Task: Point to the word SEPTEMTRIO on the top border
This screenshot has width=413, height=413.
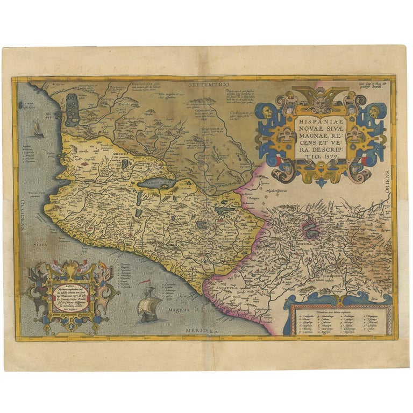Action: tap(206, 85)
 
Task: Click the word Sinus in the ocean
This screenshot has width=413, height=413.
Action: tap(37, 244)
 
